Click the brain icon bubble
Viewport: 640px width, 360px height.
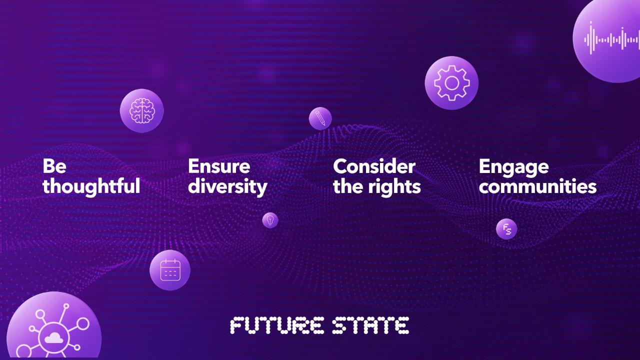142,110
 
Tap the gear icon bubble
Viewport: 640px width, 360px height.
451,83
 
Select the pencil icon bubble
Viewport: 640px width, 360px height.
320,118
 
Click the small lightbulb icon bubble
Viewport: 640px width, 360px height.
270,220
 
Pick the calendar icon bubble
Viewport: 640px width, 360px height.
170,270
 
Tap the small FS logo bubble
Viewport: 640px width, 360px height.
506,229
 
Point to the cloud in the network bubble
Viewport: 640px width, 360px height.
52,338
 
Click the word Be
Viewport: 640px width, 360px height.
54,166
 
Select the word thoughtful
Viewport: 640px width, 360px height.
91,186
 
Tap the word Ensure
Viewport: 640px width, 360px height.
219,166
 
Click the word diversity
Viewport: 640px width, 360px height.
227,187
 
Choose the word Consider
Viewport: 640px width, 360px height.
374,166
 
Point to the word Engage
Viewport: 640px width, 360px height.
513,167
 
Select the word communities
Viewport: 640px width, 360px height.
537,186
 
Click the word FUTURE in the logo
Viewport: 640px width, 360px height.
276,325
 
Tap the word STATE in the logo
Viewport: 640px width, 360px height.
370,325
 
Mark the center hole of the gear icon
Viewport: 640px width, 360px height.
451,83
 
